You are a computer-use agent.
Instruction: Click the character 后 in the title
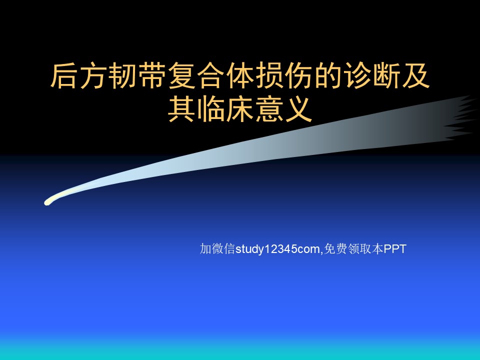[x=63, y=75]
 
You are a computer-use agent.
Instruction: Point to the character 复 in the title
[x=181, y=75]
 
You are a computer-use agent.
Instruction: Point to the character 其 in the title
[x=181, y=109]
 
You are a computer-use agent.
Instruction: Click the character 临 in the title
[x=210, y=109]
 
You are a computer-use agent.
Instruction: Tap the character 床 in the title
[x=240, y=109]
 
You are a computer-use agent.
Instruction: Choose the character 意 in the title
[x=269, y=109]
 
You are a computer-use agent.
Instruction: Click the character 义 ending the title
[x=299, y=109]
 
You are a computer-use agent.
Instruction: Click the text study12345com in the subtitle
[x=277, y=249]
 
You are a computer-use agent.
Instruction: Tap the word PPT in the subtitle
[x=395, y=249]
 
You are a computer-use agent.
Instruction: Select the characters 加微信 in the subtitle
[x=217, y=249]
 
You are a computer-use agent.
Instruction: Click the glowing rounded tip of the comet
[x=47, y=202]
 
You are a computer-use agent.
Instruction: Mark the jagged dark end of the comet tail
[x=459, y=118]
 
